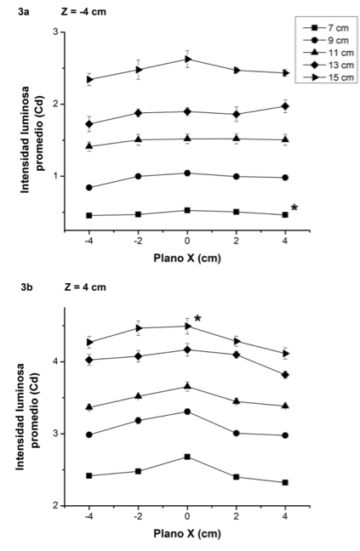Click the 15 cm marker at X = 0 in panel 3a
[187, 59]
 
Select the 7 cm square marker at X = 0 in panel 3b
[187, 457]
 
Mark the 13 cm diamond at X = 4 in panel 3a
[285, 106]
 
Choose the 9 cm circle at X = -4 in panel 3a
[89, 187]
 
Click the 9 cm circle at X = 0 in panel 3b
[187, 412]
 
